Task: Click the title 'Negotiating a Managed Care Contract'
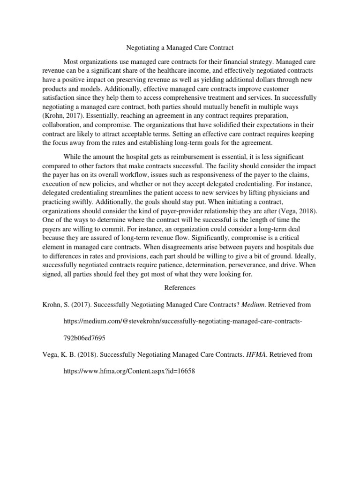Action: click(x=180, y=48)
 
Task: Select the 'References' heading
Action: click(x=180, y=287)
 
